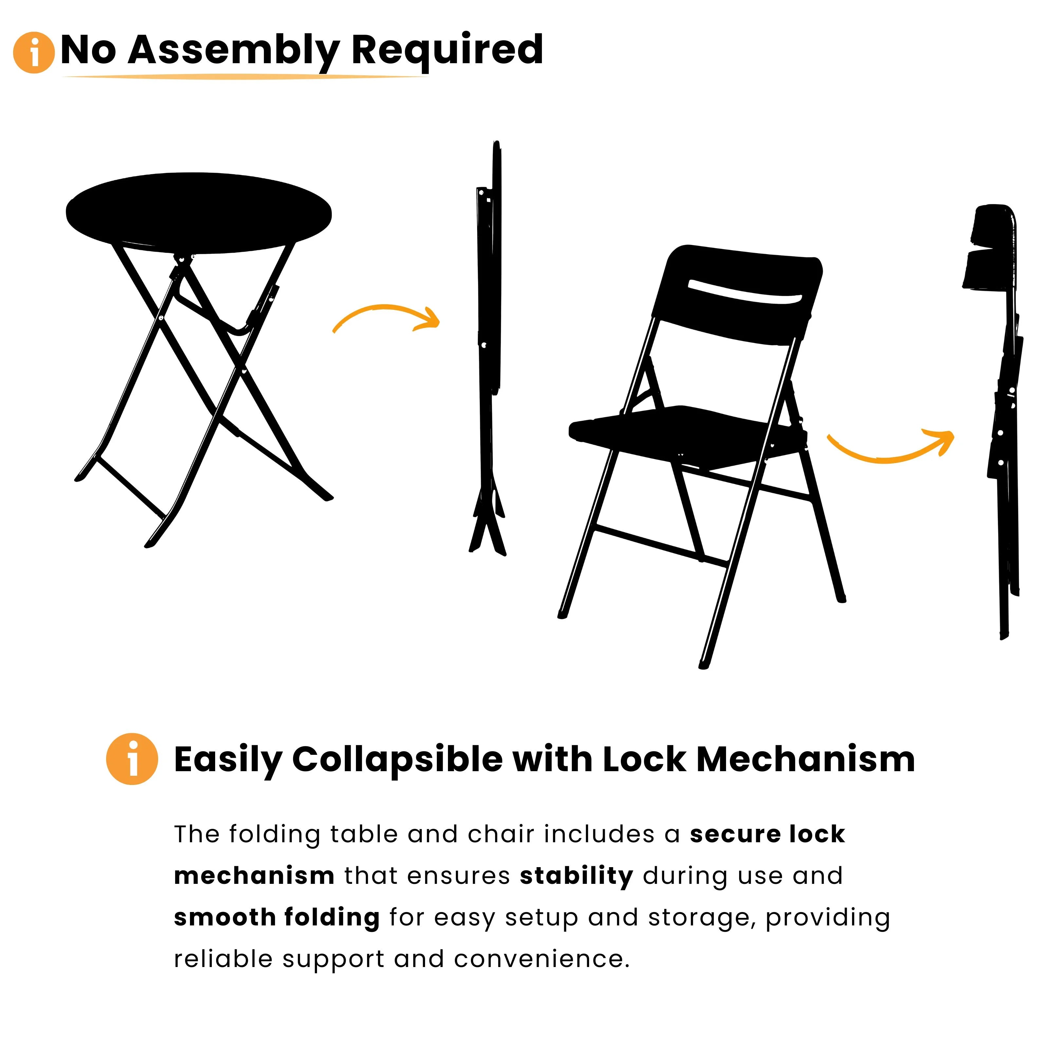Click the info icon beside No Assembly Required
click(x=33, y=53)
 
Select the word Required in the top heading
click(x=446, y=50)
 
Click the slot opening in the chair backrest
click(x=745, y=291)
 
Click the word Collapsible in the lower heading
click(x=397, y=759)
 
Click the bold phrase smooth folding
click(x=276, y=918)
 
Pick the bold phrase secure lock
click(x=767, y=834)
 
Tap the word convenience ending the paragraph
click(x=541, y=959)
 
